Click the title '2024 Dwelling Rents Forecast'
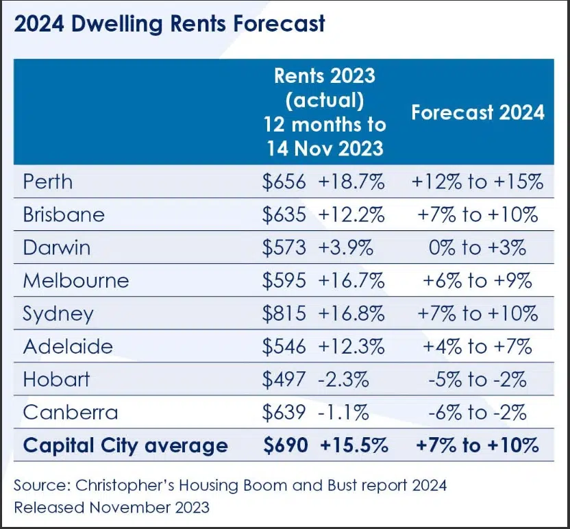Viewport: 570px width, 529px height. (x=169, y=25)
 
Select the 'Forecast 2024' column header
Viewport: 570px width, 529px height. (x=478, y=112)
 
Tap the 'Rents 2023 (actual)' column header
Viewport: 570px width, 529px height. (x=325, y=112)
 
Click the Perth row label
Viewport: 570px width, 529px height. (x=48, y=182)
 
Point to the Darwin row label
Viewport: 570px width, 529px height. (x=57, y=247)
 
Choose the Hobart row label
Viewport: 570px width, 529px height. (x=56, y=380)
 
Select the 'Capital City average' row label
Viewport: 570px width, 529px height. (x=125, y=445)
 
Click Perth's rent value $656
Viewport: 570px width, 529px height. (x=284, y=182)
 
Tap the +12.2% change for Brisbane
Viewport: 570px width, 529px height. (x=351, y=214)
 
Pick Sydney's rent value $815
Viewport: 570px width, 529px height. (x=284, y=313)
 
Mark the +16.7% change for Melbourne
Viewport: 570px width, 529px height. (x=351, y=280)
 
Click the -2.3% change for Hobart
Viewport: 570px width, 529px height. (x=344, y=380)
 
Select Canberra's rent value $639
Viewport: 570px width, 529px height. (x=284, y=413)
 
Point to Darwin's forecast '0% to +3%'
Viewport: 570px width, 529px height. (x=477, y=247)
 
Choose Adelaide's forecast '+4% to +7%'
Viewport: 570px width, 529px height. (x=477, y=347)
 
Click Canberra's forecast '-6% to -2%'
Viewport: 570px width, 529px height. (x=477, y=413)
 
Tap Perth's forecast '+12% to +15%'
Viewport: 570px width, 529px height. (x=477, y=182)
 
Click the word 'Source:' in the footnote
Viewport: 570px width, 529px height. (x=42, y=486)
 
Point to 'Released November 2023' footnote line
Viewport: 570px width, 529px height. (x=112, y=508)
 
